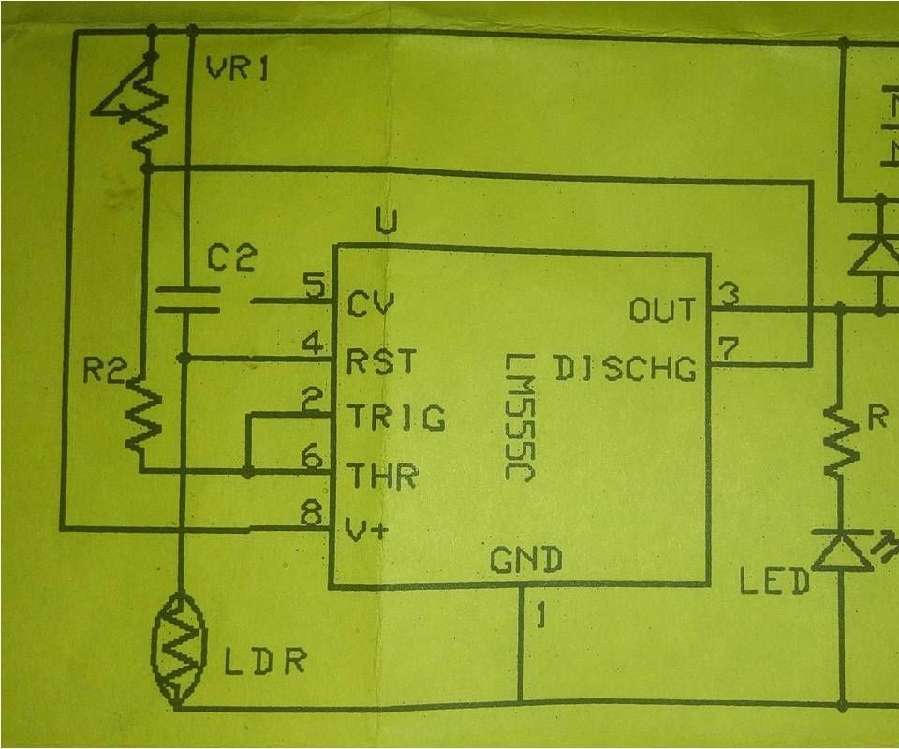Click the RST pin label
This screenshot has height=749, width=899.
(x=381, y=361)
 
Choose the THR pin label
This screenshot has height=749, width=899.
(x=382, y=477)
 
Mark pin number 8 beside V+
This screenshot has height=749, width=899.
(x=314, y=513)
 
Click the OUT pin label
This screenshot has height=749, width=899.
(x=662, y=310)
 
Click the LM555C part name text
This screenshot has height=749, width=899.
(x=518, y=418)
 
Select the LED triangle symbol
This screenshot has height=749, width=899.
(x=833, y=552)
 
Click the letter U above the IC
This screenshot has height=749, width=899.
(x=385, y=222)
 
